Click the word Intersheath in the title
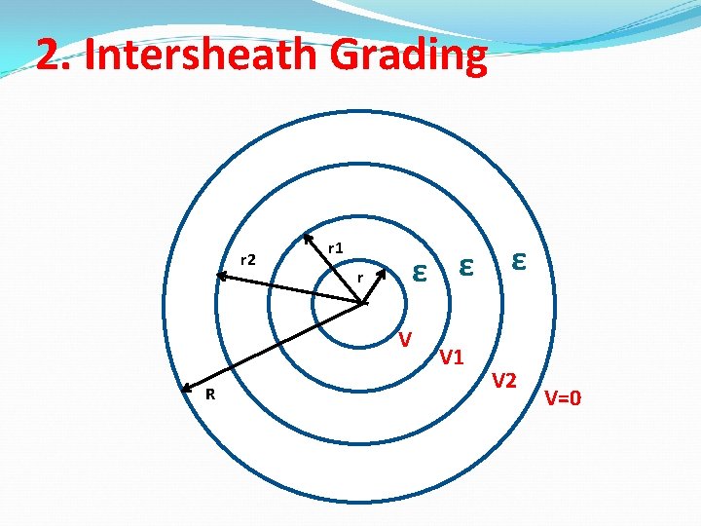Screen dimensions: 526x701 click(x=200, y=56)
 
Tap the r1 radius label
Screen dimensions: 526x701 click(x=334, y=248)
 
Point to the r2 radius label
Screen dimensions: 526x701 click(x=247, y=259)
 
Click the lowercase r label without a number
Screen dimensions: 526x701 click(x=360, y=279)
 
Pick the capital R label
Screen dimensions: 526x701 click(x=209, y=394)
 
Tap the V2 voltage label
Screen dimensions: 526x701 click(x=503, y=380)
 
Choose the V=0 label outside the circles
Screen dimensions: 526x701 click(x=563, y=397)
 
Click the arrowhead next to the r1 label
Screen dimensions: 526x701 click(x=307, y=237)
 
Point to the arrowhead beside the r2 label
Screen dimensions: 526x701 click(x=221, y=277)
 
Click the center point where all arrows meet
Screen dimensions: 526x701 click(x=363, y=303)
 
